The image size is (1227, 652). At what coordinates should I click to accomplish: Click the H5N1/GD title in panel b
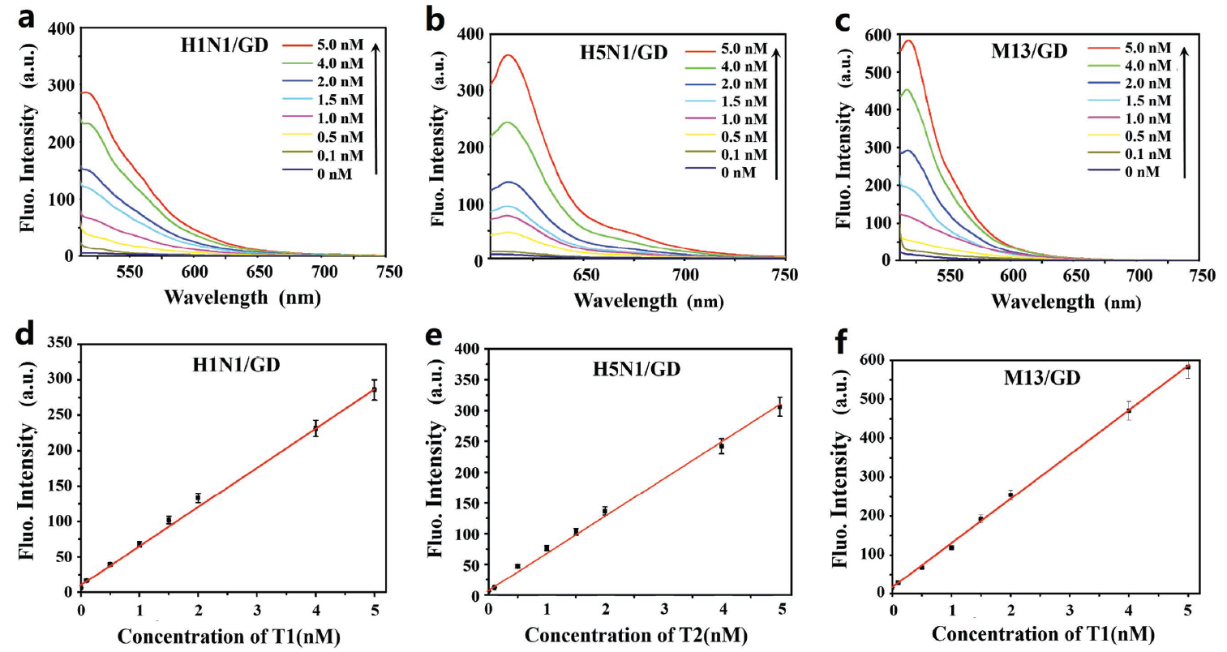point(623,54)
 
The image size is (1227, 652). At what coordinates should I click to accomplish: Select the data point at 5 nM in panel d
point(375,390)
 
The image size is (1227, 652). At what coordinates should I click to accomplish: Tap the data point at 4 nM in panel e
point(721,446)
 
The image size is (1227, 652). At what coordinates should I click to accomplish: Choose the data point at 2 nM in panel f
point(1010,495)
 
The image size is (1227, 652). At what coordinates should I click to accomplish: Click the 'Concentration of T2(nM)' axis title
point(636,635)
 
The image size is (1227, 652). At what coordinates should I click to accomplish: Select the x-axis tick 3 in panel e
point(664,610)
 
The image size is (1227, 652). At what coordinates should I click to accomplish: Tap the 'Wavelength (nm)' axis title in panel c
point(1066,302)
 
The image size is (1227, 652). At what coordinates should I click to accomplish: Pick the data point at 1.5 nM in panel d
point(169,521)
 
